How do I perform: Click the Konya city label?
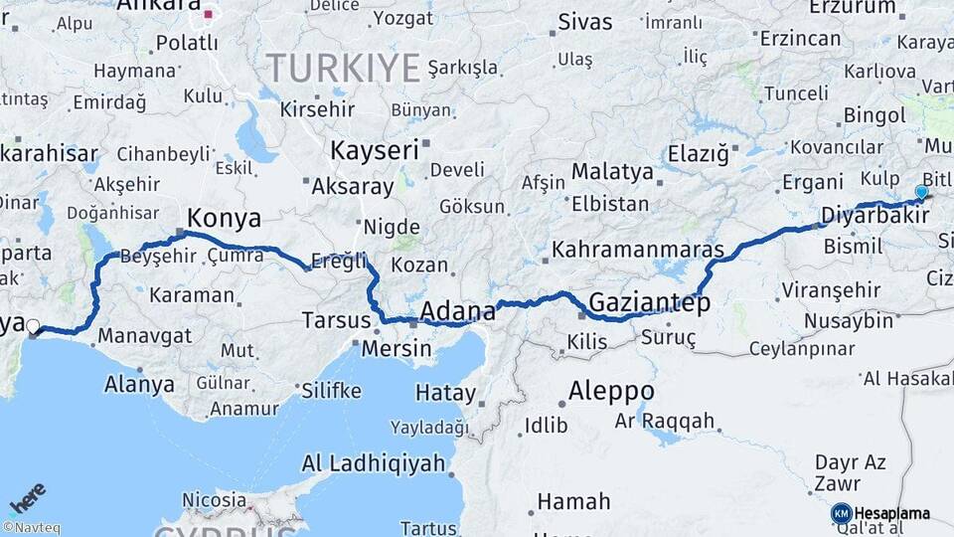tap(225, 218)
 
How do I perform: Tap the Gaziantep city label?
tap(650, 302)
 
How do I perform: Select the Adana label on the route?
tap(458, 312)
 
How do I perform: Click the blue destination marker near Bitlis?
tap(921, 193)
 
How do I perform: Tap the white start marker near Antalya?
tap(33, 326)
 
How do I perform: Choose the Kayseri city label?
tap(374, 151)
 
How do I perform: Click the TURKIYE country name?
tap(343, 68)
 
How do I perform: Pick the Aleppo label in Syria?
tap(611, 390)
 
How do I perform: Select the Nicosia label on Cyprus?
tap(215, 499)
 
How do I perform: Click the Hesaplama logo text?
tap(892, 513)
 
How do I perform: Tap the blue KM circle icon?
tap(841, 513)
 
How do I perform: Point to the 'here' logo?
tap(28, 497)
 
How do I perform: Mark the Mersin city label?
tap(397, 349)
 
